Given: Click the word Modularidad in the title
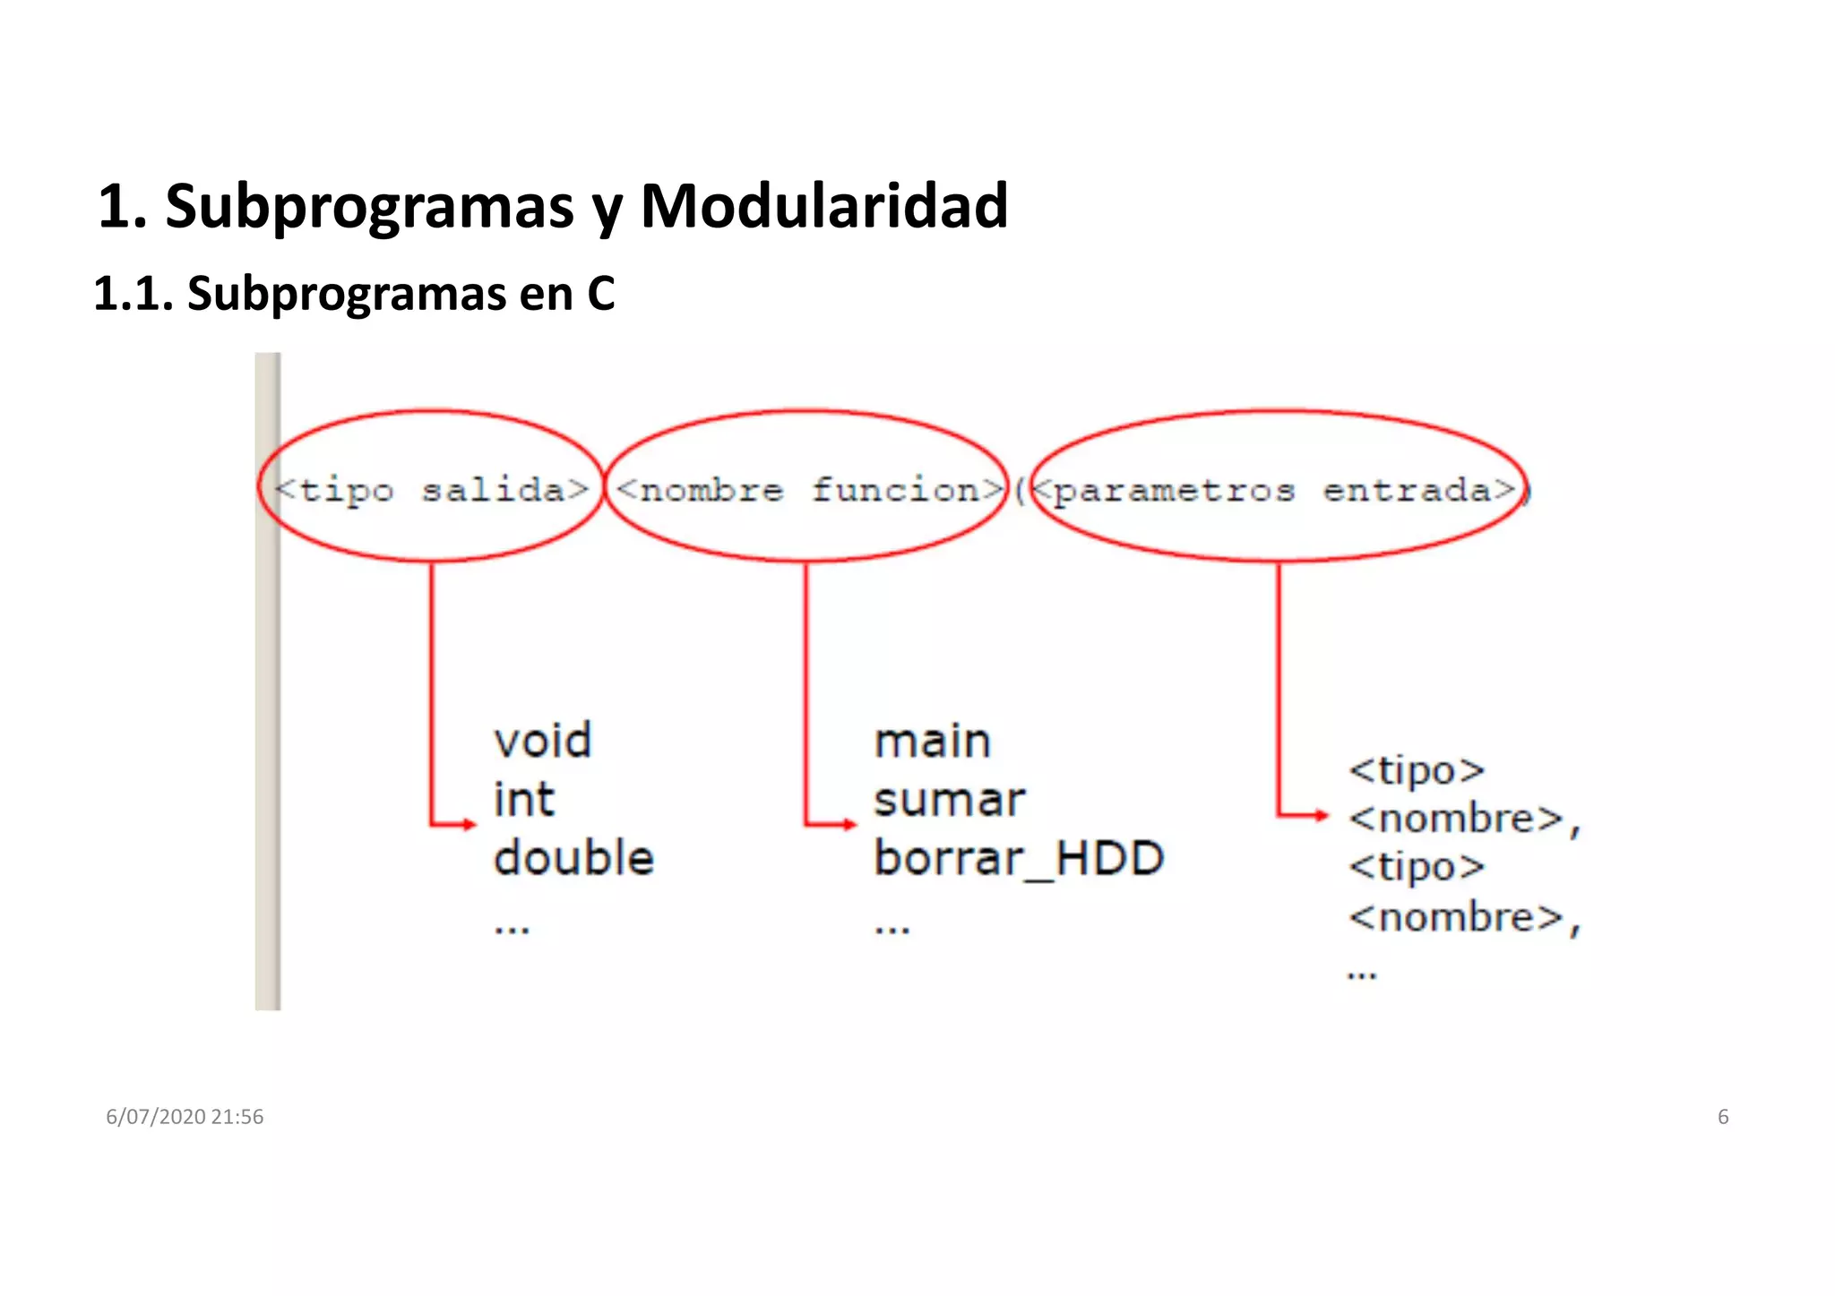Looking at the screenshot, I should tap(823, 206).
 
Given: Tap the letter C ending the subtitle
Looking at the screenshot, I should tap(600, 293).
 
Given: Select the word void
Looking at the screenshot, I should tap(543, 741).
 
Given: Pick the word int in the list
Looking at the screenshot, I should tap(524, 799).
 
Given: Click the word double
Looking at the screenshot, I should tap(573, 858).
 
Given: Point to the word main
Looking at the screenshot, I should tap(932, 742).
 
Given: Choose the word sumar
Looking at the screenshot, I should tap(949, 800).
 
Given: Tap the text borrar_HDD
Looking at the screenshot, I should tap(1019, 858).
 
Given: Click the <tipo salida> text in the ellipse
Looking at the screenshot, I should tap(431, 490).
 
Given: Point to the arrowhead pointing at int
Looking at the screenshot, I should tap(470, 824).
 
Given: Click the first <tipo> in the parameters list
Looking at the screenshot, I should tap(1417, 770).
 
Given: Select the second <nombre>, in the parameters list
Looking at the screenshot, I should tap(1464, 918).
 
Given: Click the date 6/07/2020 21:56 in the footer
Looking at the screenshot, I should tap(185, 1117).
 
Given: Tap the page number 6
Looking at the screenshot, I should tap(1722, 1117).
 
